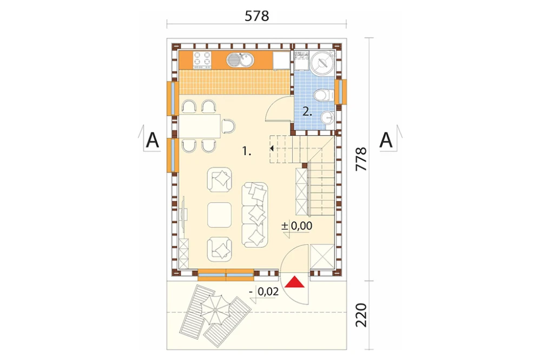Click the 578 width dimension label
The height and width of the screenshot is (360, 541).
[256, 16]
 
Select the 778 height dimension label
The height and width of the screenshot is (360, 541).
[361, 159]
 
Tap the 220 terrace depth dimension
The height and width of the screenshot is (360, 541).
[361, 315]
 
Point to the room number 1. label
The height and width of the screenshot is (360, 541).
[246, 151]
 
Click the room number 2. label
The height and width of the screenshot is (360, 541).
[307, 111]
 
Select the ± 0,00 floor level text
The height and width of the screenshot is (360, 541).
[296, 226]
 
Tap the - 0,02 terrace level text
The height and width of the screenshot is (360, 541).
[265, 292]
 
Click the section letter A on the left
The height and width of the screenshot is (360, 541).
[152, 140]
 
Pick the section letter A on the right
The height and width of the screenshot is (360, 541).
[386, 140]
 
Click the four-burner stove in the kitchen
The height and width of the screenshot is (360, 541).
[202, 58]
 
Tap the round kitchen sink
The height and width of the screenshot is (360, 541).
[241, 60]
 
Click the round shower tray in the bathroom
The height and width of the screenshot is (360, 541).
[322, 62]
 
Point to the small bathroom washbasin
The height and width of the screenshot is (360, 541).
[327, 118]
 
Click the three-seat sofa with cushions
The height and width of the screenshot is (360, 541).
[255, 215]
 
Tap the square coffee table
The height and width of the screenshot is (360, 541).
[220, 215]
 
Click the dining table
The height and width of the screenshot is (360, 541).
[200, 126]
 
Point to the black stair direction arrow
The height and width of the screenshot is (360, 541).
[272, 148]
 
